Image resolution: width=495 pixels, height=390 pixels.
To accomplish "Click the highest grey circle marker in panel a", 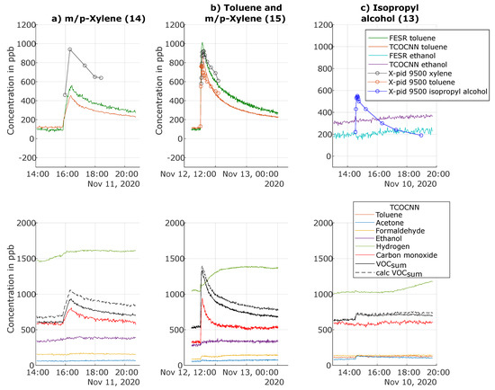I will coord(69,50).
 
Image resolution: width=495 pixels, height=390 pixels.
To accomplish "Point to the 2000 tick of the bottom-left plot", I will coord(22,222).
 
